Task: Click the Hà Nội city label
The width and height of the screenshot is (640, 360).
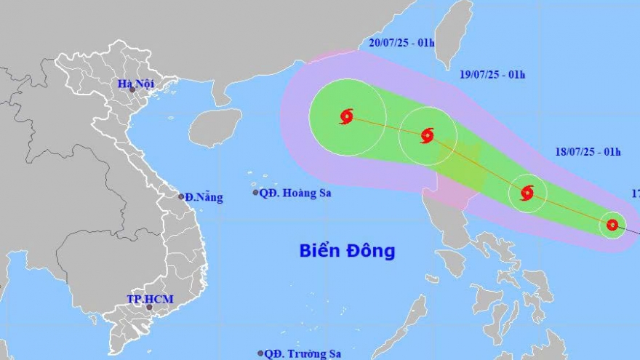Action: (135, 84)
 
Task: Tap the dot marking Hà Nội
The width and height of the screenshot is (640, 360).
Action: (132, 90)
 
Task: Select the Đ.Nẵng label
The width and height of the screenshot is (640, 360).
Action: (204, 197)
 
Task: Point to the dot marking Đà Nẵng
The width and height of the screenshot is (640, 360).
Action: (181, 196)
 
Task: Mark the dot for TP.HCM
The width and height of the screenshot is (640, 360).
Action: (150, 308)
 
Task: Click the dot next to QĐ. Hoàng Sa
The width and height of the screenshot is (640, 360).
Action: (255, 193)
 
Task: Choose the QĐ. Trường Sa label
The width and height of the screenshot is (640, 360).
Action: (303, 353)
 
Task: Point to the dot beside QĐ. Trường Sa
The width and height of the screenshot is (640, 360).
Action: (260, 353)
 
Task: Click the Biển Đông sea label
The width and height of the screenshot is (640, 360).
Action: (347, 251)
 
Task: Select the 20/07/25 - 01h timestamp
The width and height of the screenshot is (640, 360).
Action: (401, 43)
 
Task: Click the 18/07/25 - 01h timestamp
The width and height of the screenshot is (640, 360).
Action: (585, 152)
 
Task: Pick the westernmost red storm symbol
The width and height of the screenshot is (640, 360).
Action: (346, 116)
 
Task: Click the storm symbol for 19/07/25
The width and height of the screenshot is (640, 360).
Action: (427, 135)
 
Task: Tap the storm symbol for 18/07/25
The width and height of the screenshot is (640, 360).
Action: (527, 193)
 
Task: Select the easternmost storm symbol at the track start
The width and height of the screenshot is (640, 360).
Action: (612, 225)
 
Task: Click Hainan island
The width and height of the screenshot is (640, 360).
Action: (215, 127)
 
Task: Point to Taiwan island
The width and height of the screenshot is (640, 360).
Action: (455, 33)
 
